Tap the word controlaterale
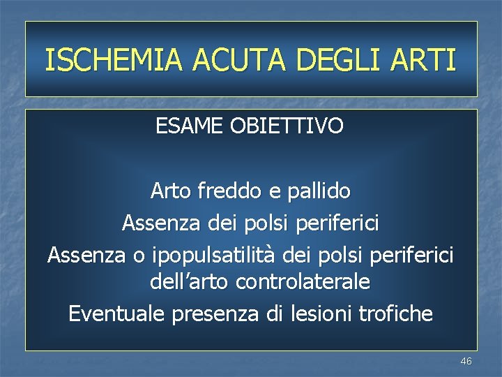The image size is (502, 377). click(x=303, y=282)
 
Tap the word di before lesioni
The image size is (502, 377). click(x=274, y=314)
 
